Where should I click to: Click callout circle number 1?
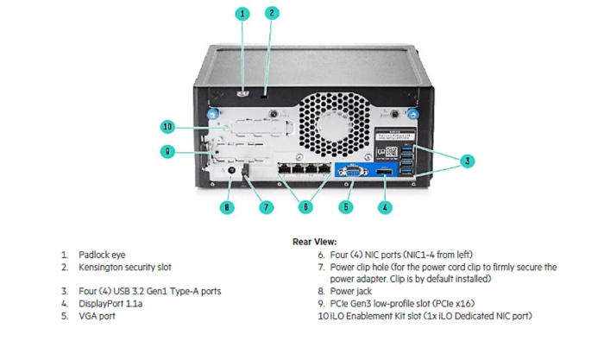(243, 13)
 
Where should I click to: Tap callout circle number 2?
(272, 13)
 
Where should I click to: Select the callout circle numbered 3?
(467, 161)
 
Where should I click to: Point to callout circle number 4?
(386, 207)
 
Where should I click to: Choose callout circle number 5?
(346, 207)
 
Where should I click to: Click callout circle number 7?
(265, 207)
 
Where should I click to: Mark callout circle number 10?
(168, 127)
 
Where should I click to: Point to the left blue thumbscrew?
(210, 112)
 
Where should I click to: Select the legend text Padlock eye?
(102, 256)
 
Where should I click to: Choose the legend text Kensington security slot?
(124, 268)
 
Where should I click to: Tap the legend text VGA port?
(97, 316)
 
